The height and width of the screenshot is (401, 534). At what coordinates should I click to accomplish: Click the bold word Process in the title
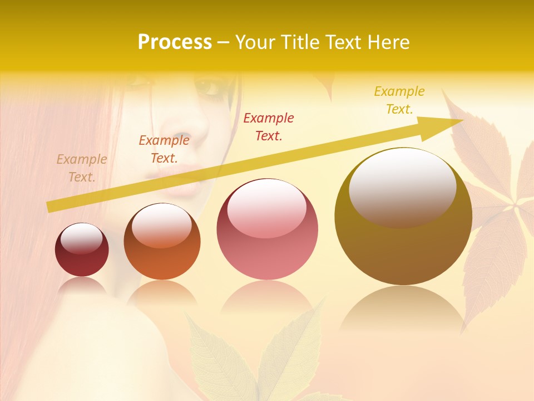(175, 42)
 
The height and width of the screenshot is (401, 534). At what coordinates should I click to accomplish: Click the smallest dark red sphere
(82, 250)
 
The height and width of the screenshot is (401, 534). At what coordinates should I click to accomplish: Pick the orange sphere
(162, 242)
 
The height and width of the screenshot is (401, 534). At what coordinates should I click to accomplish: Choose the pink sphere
(268, 229)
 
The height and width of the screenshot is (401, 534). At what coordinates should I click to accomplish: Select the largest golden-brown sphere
(403, 217)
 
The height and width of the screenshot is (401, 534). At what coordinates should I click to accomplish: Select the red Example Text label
(269, 126)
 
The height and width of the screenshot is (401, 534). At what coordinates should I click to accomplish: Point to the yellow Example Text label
(399, 100)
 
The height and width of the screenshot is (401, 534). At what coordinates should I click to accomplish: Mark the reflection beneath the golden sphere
(402, 312)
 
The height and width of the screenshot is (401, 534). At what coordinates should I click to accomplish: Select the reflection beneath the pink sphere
(267, 298)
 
